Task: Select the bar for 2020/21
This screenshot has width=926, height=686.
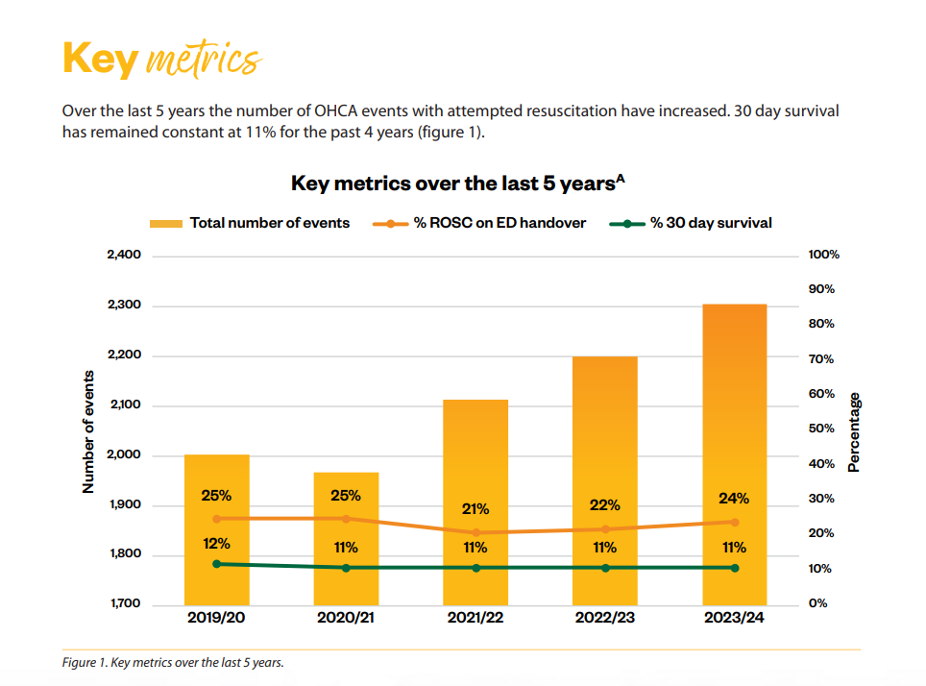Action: click(x=346, y=538)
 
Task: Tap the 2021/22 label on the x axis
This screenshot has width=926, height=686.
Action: click(x=475, y=618)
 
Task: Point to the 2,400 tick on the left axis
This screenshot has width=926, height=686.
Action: click(x=122, y=255)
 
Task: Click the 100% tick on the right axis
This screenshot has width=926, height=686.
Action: click(x=824, y=255)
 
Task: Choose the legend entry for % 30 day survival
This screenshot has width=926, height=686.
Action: click(x=692, y=223)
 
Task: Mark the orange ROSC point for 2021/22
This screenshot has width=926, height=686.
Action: click(x=475, y=532)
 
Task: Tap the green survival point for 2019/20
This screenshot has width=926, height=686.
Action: click(x=216, y=564)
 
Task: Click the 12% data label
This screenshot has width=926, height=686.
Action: click(x=216, y=543)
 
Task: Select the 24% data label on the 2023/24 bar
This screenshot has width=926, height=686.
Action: click(x=734, y=499)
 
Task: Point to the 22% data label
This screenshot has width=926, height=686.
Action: click(x=605, y=505)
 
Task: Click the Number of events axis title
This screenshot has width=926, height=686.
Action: click(x=88, y=431)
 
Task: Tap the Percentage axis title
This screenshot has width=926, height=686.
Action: click(x=854, y=431)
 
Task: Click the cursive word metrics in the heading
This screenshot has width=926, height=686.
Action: click(x=202, y=60)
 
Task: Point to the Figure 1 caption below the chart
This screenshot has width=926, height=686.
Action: click(x=174, y=662)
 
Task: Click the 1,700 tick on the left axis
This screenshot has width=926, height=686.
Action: click(x=122, y=604)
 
